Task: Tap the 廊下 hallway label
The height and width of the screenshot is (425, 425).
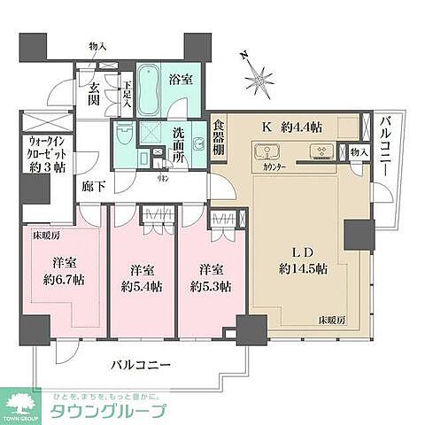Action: (92, 187)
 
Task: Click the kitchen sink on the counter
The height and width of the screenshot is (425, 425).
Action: (321, 151)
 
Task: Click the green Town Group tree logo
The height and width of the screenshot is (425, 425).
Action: (24, 404)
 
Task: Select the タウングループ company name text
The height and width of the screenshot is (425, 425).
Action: (108, 411)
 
